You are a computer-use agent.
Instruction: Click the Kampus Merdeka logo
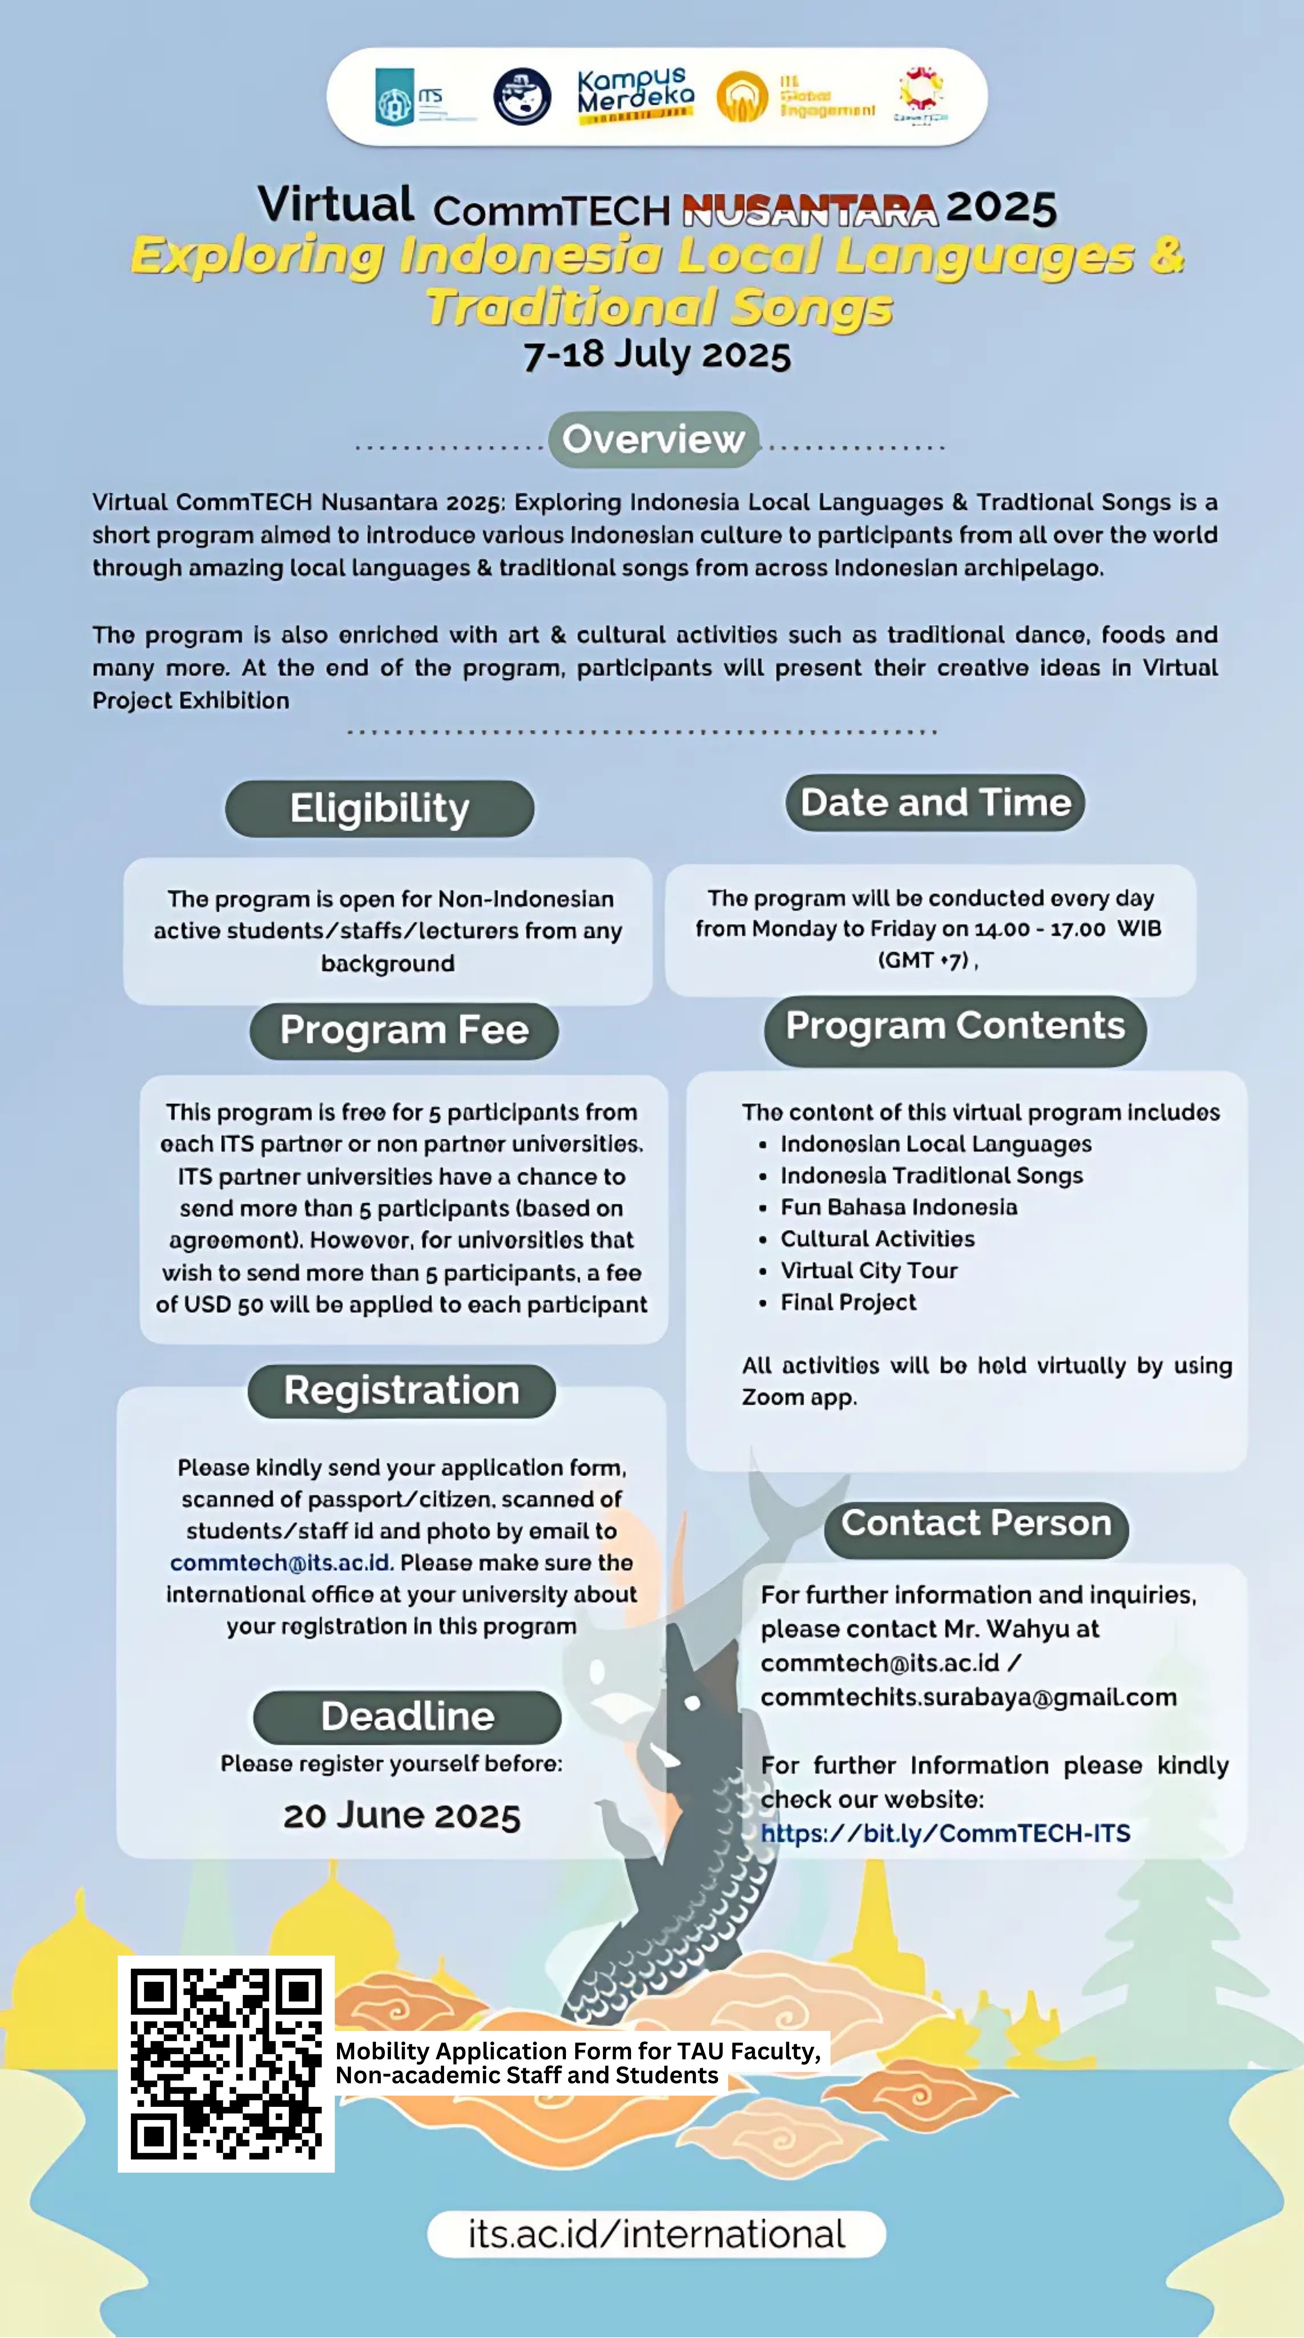tap(635, 95)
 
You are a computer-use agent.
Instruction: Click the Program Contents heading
tap(955, 1026)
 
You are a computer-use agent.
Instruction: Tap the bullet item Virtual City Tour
tap(869, 1271)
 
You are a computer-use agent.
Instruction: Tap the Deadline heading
tap(407, 1716)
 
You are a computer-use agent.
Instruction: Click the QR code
tap(226, 2064)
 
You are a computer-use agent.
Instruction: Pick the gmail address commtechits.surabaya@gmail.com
tap(968, 1697)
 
